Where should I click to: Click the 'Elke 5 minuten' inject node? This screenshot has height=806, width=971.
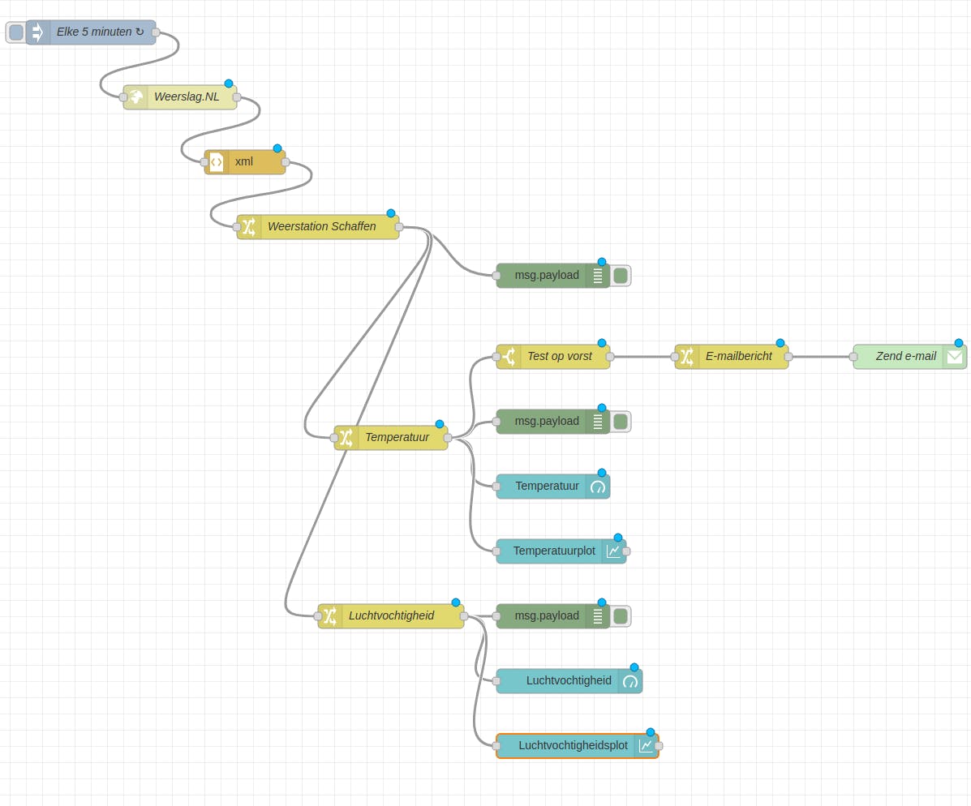93,32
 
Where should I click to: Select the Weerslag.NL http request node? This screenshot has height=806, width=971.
187,97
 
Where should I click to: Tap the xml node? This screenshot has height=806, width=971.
251,162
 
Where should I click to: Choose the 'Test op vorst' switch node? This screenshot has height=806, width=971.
559,357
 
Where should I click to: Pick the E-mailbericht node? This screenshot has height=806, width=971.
738,357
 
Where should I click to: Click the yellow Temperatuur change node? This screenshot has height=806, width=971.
397,438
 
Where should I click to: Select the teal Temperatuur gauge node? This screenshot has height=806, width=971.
548,487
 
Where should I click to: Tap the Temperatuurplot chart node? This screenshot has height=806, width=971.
554,551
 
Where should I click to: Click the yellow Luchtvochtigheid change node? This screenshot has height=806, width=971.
391,616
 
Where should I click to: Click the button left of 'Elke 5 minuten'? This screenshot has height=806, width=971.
15,32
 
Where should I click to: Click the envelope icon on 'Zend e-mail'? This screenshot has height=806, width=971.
955,357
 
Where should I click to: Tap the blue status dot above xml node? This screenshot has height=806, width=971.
277,148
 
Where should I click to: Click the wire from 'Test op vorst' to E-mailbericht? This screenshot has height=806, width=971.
642,357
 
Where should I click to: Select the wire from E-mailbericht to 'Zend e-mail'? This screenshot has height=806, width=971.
821,357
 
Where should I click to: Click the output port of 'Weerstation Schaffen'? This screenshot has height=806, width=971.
399,227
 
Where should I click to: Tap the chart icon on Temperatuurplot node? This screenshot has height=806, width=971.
613,551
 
